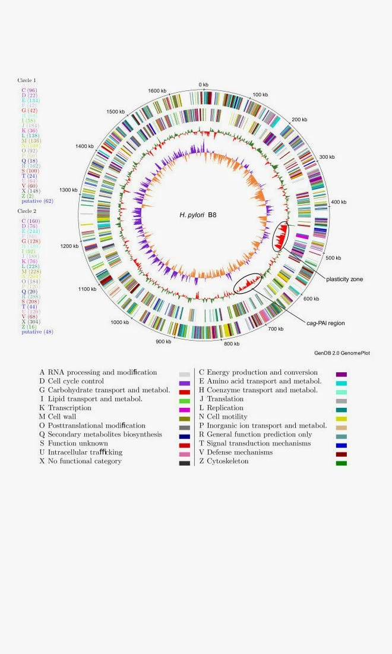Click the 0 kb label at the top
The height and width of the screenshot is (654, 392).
[x=203, y=84]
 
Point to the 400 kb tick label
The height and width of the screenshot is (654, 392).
[x=339, y=203]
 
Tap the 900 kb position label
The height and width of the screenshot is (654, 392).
[x=164, y=341]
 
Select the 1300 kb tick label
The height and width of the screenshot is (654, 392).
[x=68, y=190]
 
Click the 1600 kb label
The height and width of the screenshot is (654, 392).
[x=157, y=91]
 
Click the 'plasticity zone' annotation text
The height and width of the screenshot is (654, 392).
[x=344, y=279]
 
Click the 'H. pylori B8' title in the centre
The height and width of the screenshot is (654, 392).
[x=198, y=215]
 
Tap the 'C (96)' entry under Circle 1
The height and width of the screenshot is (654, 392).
[x=29, y=90]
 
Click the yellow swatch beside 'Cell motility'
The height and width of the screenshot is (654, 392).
[x=342, y=417]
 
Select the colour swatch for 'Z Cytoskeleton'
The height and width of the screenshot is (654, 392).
[x=342, y=462]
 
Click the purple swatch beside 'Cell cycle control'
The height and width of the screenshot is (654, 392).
[x=184, y=382]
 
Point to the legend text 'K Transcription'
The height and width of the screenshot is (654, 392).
[x=65, y=408]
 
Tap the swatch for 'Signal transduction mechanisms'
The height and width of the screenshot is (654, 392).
[x=342, y=444]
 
